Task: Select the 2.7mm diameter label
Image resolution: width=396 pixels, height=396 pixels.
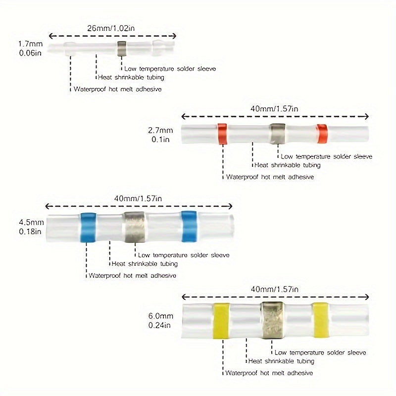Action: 161,131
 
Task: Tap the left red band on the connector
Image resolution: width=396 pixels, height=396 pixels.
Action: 222,133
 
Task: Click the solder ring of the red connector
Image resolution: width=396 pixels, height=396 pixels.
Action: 278,133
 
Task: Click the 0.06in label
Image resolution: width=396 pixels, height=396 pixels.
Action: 29,52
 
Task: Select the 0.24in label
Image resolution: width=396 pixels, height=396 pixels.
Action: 160,325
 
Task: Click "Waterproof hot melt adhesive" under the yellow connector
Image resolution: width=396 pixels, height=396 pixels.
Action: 269,372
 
